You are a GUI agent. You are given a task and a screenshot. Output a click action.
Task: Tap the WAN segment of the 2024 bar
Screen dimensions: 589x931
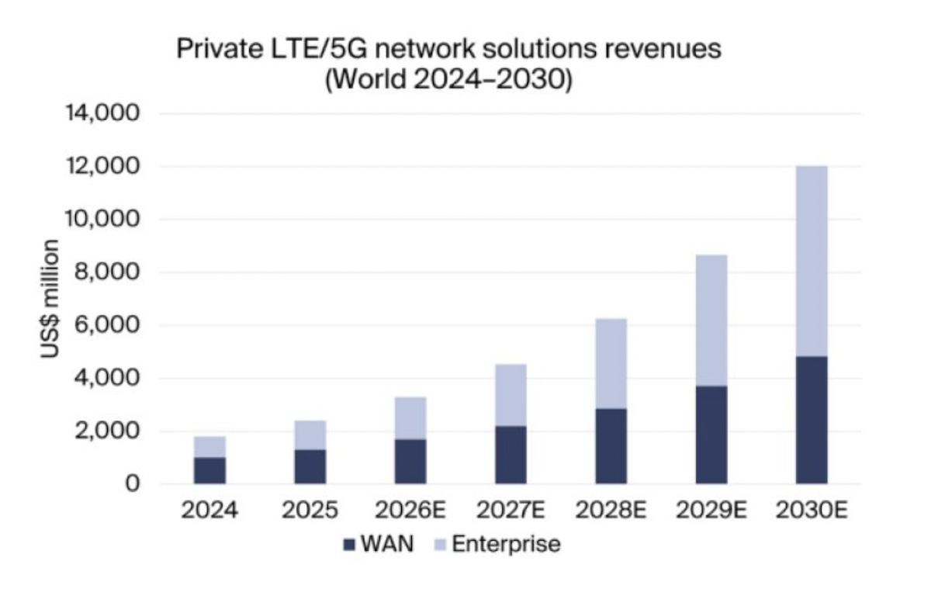(210, 470)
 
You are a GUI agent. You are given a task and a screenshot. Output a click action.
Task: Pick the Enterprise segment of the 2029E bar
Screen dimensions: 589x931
(711, 320)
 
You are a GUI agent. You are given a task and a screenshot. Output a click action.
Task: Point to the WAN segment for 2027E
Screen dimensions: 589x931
(510, 455)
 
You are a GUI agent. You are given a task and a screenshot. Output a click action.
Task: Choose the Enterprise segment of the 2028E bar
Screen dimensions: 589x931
(611, 363)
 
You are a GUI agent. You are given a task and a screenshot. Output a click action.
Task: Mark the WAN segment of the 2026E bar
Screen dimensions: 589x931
(410, 461)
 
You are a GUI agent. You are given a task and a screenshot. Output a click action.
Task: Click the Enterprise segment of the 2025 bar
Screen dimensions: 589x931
(310, 435)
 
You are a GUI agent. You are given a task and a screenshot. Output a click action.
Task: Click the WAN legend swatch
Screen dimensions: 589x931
(348, 545)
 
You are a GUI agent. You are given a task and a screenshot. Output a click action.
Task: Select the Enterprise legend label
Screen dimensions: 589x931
(505, 544)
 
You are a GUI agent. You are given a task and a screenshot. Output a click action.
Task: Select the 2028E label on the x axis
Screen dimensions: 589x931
(611, 511)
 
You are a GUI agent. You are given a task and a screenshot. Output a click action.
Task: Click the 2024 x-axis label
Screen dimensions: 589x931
(210, 511)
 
